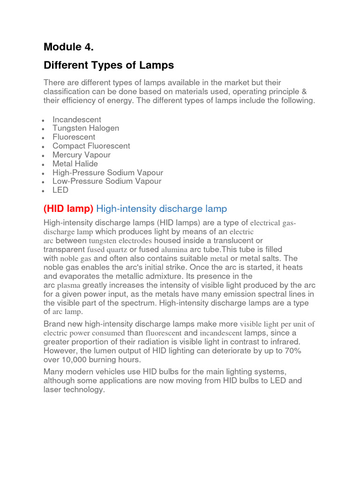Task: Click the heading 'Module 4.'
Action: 69,47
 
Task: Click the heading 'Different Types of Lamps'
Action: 109,65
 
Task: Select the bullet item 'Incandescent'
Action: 77,120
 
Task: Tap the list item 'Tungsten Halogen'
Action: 86,128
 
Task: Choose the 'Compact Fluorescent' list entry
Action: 91,146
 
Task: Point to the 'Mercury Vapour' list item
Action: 82,155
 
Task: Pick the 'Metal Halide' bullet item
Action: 75,164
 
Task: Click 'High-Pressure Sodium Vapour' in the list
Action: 108,172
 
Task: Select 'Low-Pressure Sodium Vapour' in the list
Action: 107,181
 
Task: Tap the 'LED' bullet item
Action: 60,190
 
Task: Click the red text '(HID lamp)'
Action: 68,209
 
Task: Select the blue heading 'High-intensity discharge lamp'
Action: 161,209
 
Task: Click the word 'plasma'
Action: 68,285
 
